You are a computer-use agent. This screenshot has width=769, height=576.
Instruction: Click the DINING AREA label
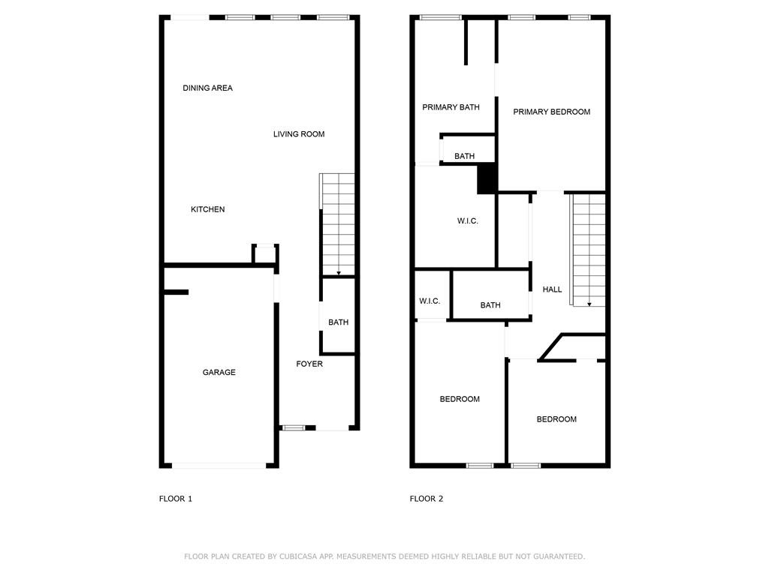207,88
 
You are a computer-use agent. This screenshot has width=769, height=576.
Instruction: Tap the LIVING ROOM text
299,134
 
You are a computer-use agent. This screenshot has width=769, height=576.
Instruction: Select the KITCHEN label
207,210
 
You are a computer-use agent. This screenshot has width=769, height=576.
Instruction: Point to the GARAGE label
219,372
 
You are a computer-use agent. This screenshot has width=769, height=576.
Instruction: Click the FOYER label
309,364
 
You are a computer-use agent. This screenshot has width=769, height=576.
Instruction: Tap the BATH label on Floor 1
339,322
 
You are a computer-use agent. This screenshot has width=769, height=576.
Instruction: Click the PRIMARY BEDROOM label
552,112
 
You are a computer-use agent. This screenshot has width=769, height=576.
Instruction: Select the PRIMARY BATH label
451,107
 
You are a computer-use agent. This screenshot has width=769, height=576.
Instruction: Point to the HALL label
552,289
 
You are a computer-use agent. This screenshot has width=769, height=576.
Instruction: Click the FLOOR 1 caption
176,499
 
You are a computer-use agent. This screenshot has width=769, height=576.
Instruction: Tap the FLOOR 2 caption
427,499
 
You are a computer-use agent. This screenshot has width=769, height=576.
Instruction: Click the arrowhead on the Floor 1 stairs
339,273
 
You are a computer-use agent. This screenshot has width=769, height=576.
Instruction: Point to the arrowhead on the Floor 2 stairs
589,304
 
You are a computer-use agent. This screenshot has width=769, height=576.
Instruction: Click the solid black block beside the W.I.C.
487,178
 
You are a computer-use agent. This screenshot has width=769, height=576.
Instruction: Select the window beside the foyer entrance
294,428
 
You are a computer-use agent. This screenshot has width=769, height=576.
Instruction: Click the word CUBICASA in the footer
297,556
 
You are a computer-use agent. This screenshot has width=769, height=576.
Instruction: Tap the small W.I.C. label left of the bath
430,301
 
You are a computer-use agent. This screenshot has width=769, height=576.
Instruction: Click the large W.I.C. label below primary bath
467,221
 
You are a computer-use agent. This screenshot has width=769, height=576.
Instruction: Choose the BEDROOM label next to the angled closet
556,419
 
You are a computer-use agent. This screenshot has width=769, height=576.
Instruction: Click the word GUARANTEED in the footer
559,556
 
